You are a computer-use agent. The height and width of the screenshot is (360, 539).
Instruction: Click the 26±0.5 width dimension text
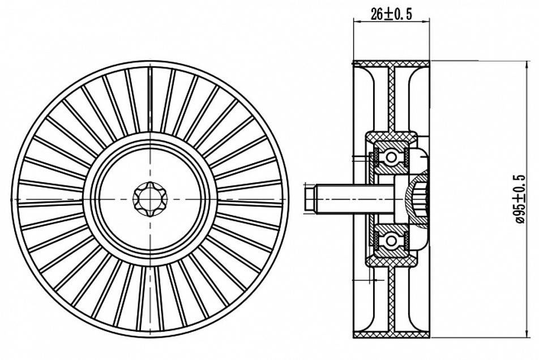pos(391,14)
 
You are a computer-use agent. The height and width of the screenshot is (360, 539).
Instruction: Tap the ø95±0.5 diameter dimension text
pos(520,199)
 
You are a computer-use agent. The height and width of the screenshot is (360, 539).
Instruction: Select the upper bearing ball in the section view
pos(391,157)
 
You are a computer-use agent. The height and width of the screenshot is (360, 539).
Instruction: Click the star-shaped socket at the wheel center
pos(150,199)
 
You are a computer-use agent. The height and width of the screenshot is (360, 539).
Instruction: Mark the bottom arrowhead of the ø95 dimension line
pos(527,333)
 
